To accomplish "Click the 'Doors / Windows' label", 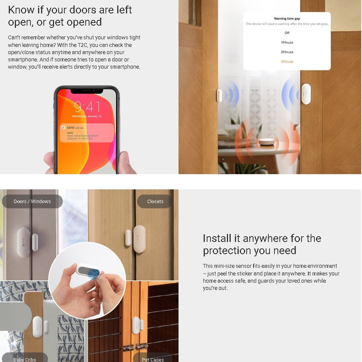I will [32, 201].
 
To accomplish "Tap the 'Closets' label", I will [155, 201].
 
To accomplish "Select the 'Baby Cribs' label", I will [25, 359].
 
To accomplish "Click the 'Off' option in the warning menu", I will [287, 33].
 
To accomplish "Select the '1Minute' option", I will [287, 43].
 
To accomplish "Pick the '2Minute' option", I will [287, 52].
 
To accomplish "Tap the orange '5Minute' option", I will [287, 62].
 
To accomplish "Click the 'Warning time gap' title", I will [287, 19].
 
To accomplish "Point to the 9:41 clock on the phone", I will [87, 107].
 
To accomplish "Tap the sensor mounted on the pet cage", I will [136, 325].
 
